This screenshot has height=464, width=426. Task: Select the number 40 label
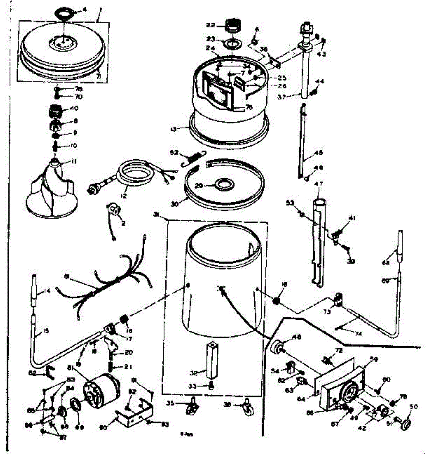pyautogui.click(x=74, y=109)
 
